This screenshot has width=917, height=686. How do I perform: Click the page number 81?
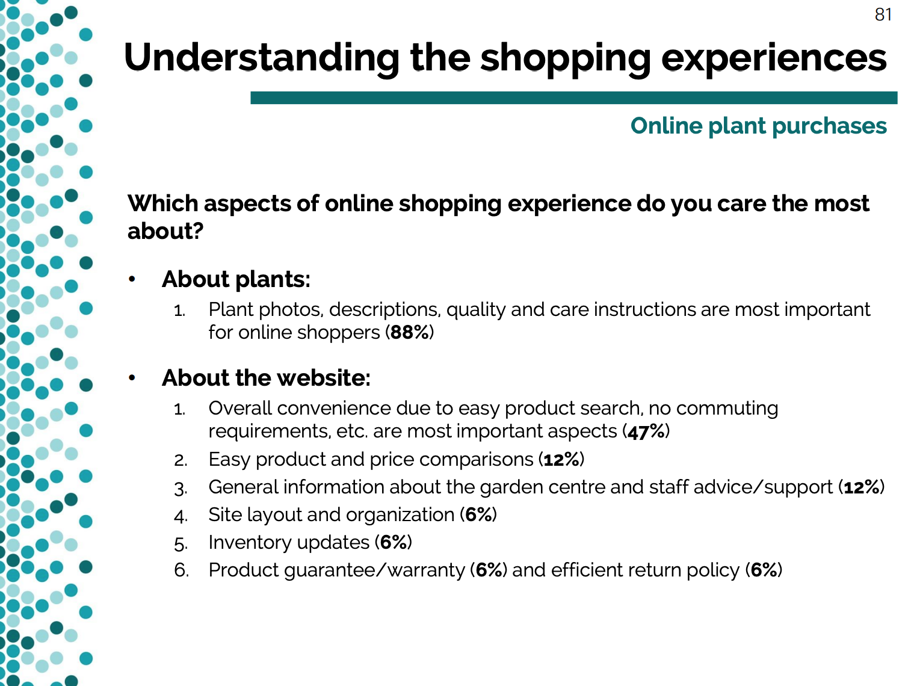pos(883,14)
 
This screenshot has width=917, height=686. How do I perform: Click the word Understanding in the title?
pos(262,58)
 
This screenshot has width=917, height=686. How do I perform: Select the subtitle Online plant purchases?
pos(758,126)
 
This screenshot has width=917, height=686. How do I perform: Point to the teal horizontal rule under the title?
pos(574,97)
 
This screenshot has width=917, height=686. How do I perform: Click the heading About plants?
pos(236,279)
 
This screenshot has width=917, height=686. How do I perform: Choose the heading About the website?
pos(266,378)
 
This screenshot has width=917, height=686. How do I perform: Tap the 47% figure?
pos(646,431)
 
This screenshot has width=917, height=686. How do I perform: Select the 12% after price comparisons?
pos(561,460)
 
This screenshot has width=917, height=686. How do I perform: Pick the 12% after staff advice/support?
pos(862,487)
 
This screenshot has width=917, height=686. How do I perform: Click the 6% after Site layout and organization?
pos(478,514)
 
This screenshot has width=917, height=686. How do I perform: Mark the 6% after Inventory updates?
pos(394,542)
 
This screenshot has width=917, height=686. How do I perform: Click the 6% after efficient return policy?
pos(764,570)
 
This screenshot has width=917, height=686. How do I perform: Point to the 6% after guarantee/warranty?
pos(489,570)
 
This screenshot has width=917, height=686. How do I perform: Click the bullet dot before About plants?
pos(132,279)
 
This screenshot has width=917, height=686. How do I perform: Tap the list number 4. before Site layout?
pos(181,516)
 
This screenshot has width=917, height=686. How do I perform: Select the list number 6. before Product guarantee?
pos(181,570)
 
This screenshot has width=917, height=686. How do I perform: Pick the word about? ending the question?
pos(165,231)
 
